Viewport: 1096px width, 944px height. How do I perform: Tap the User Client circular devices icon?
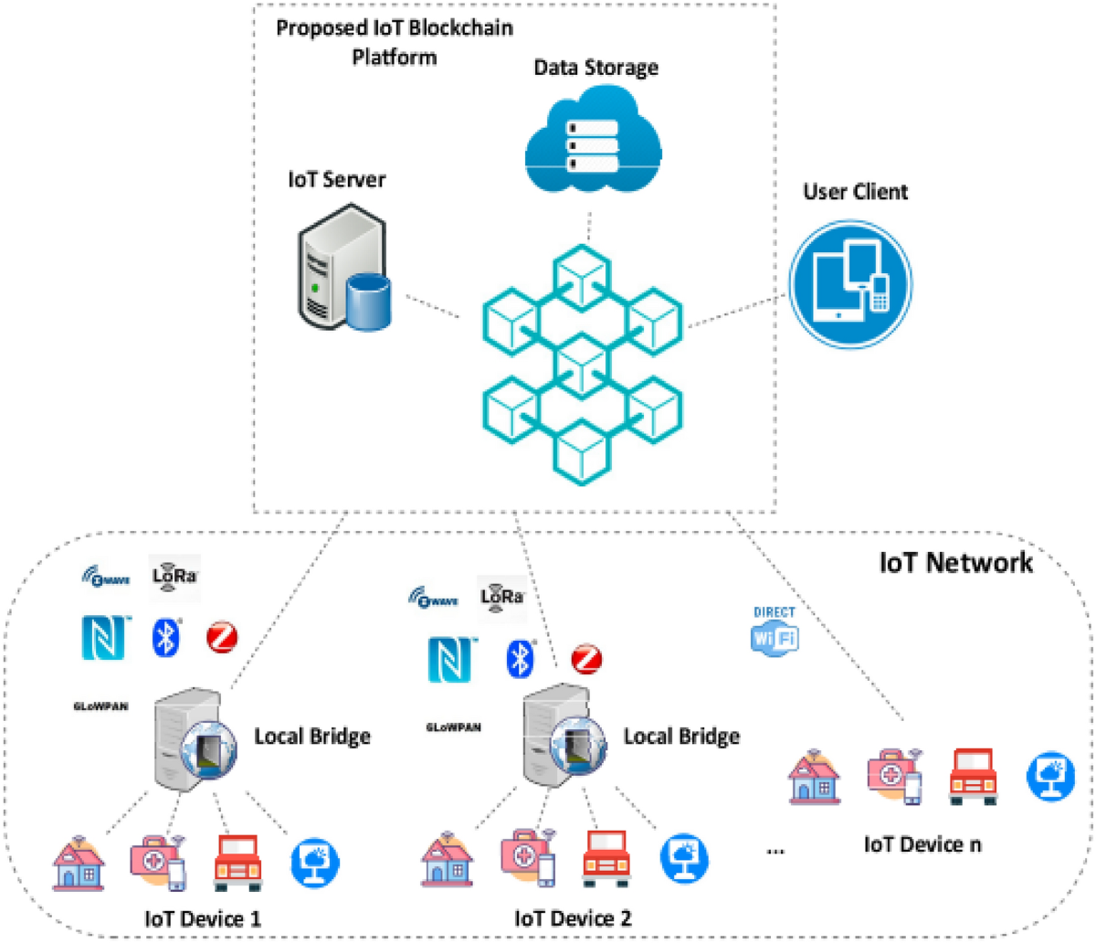[x=849, y=282]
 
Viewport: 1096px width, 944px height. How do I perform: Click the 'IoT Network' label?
[x=955, y=562]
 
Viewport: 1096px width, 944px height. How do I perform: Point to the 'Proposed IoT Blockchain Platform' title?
[x=395, y=42]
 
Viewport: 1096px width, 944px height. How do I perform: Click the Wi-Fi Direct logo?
[x=775, y=631]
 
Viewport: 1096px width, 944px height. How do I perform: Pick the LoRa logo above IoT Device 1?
[x=174, y=577]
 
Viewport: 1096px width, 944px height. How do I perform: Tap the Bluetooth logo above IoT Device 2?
[x=520, y=658]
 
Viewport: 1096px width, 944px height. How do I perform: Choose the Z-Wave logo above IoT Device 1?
[x=106, y=578]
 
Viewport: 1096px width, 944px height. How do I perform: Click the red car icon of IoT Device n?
[x=973, y=777]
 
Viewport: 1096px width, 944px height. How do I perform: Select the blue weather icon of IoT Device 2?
[x=683, y=859]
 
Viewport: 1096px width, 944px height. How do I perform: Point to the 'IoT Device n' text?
[x=922, y=844]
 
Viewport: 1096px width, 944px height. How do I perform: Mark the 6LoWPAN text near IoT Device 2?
[x=453, y=727]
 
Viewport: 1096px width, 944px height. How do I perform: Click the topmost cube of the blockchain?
[x=583, y=272]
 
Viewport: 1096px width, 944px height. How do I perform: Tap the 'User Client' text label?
[x=855, y=192]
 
